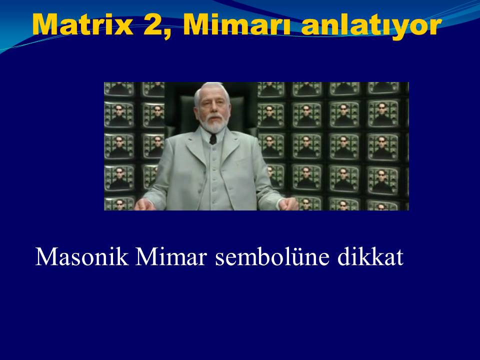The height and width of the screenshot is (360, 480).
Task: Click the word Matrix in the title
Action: coord(83,25)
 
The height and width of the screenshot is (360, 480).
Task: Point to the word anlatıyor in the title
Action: coord(371,26)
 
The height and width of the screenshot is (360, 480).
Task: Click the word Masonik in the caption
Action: coord(81,256)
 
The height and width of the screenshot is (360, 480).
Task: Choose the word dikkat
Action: coord(370,256)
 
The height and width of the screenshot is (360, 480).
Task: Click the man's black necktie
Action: coord(213,139)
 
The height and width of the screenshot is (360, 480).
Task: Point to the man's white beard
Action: coord(214,123)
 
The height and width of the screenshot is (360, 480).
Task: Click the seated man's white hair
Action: coord(211,90)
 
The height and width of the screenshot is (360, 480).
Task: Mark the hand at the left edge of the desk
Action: coord(144,204)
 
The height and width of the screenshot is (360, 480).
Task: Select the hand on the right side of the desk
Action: coord(288,203)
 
